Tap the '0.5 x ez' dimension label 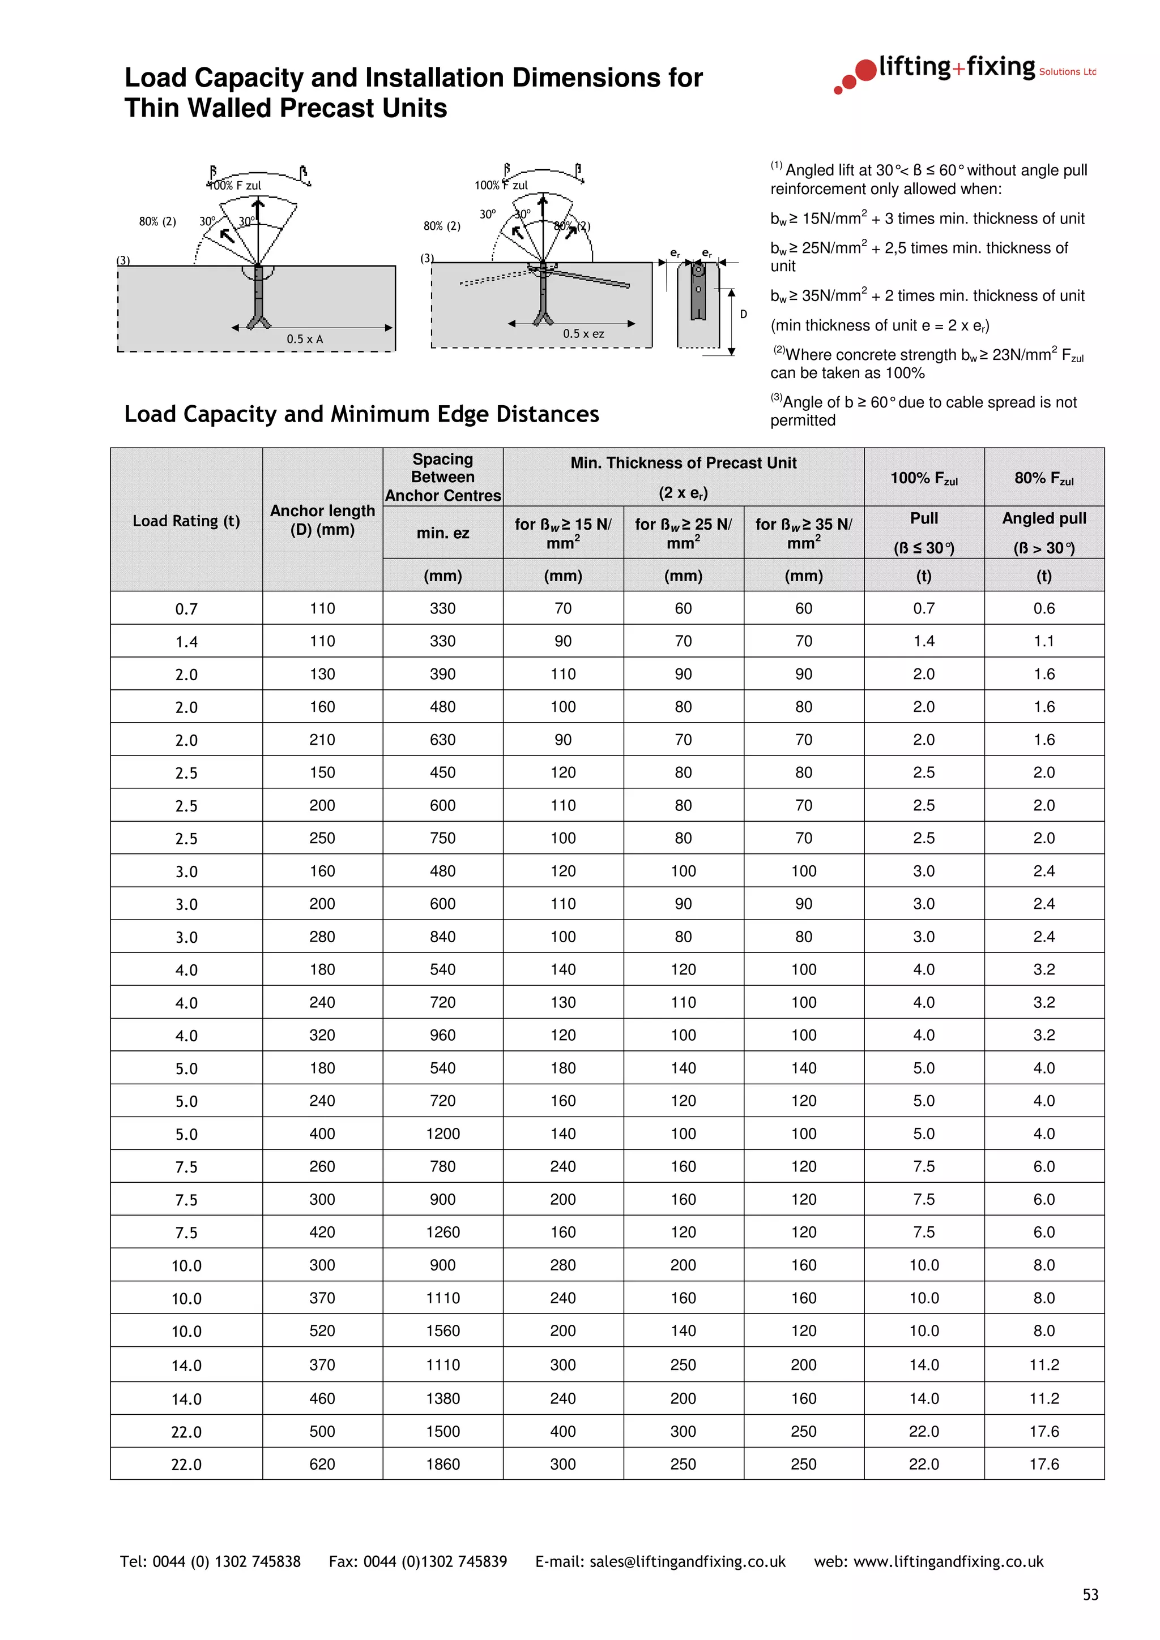tap(583, 333)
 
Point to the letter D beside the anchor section tap(743, 314)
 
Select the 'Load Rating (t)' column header tap(186, 521)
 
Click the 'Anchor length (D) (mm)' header tap(322, 520)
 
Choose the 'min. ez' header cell tap(442, 533)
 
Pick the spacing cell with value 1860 tap(442, 1463)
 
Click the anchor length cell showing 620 tap(322, 1463)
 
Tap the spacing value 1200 tap(442, 1134)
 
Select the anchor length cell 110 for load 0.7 tap(322, 608)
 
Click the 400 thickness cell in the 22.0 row tap(562, 1431)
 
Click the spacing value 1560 tap(442, 1330)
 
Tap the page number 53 tap(1090, 1594)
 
